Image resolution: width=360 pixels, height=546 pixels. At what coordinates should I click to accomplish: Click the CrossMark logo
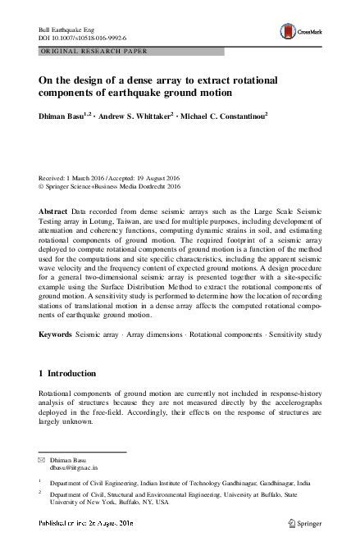(x=300, y=31)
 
